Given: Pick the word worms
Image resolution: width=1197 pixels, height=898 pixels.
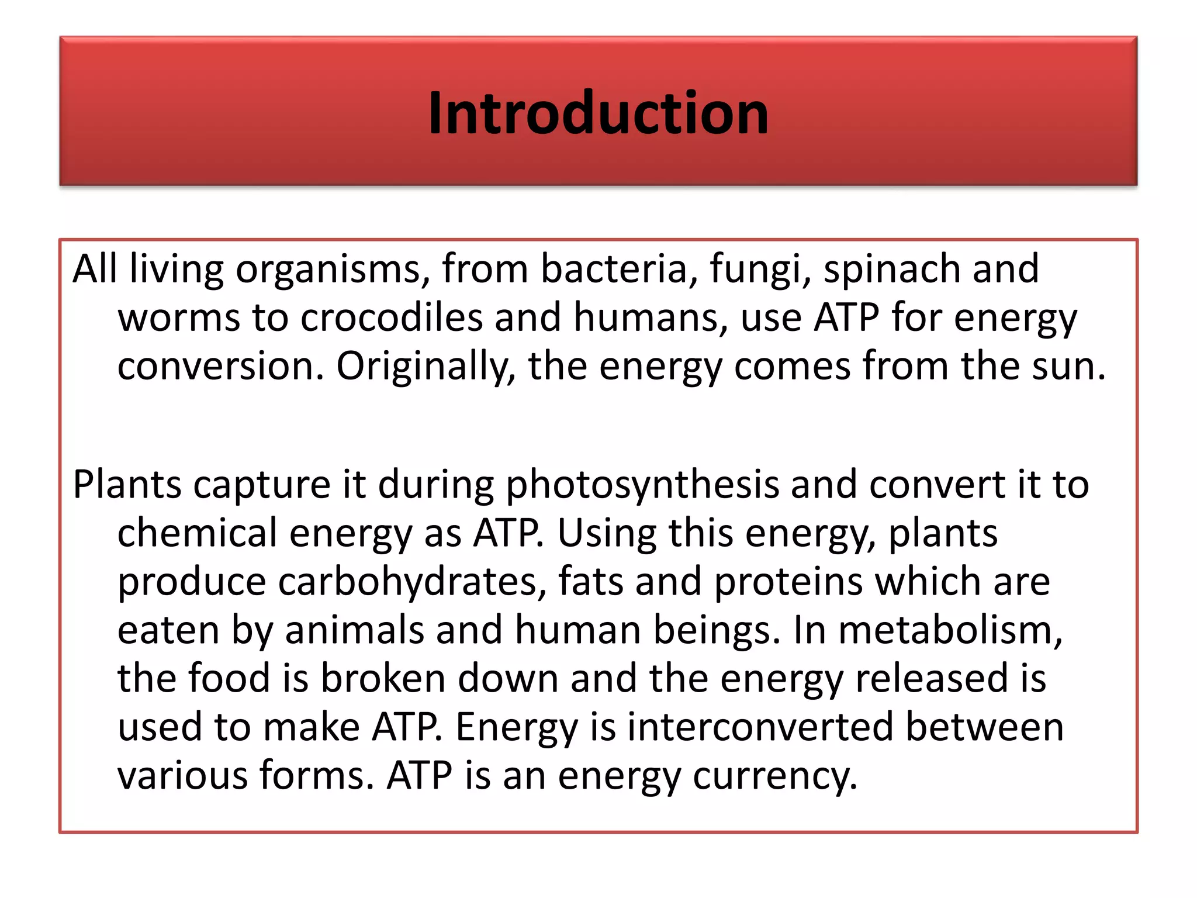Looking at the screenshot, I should (179, 319).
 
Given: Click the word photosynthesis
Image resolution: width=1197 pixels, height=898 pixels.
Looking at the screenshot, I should (642, 485).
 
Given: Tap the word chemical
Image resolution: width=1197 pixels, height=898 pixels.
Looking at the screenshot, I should (197, 533).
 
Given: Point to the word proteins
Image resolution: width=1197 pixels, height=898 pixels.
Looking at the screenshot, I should (788, 582).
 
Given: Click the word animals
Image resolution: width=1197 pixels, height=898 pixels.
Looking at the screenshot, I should (354, 630).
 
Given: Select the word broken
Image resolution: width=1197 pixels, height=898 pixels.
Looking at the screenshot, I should (383, 679).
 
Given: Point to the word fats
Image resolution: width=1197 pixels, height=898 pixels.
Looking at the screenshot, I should (591, 582).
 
